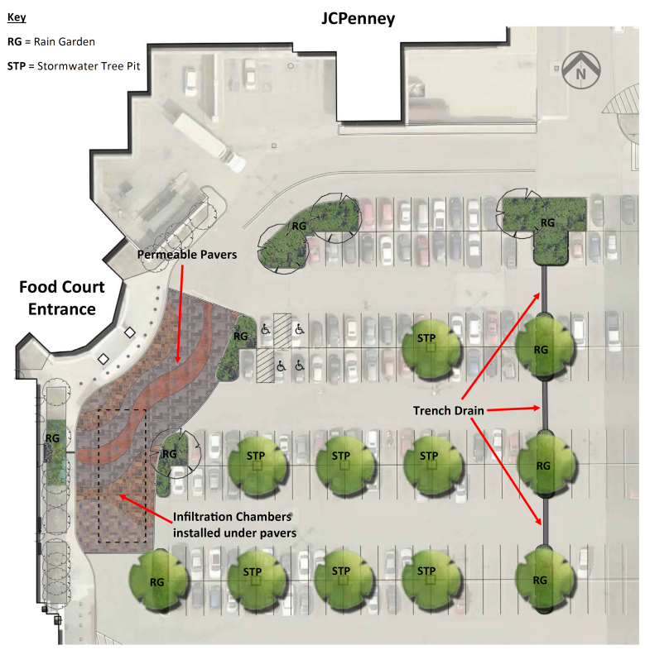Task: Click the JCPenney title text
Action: coord(359,19)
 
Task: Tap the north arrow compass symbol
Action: coord(580,70)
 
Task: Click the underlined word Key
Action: coord(17,17)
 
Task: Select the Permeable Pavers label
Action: coord(187,255)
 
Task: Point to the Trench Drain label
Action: coord(448,410)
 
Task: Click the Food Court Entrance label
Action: coord(62,298)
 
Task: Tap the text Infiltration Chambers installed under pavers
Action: coord(234,525)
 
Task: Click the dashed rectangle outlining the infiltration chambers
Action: coord(99,476)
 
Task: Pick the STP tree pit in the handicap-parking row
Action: coord(431,349)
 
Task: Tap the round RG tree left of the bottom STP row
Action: coord(158,581)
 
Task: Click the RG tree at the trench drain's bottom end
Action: coord(545,579)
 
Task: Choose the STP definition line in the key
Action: coord(74,66)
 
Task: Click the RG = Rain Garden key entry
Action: coord(51,42)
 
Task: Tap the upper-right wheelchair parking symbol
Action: coord(299,330)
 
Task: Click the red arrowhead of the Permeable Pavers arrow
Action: coord(178,359)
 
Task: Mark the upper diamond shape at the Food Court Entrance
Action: coord(130,332)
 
